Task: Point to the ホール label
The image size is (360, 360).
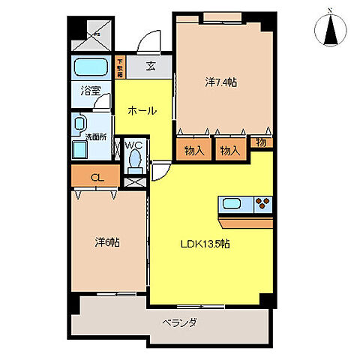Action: [x=142, y=111]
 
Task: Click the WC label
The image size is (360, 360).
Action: [x=133, y=145]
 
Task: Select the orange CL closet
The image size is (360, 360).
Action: [x=94, y=178]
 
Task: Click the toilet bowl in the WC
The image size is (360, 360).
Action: [x=134, y=159]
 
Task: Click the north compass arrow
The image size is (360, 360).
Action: [x=330, y=30]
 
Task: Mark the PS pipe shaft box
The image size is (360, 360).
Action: [x=94, y=34]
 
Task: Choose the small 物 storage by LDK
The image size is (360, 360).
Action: [x=262, y=142]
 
